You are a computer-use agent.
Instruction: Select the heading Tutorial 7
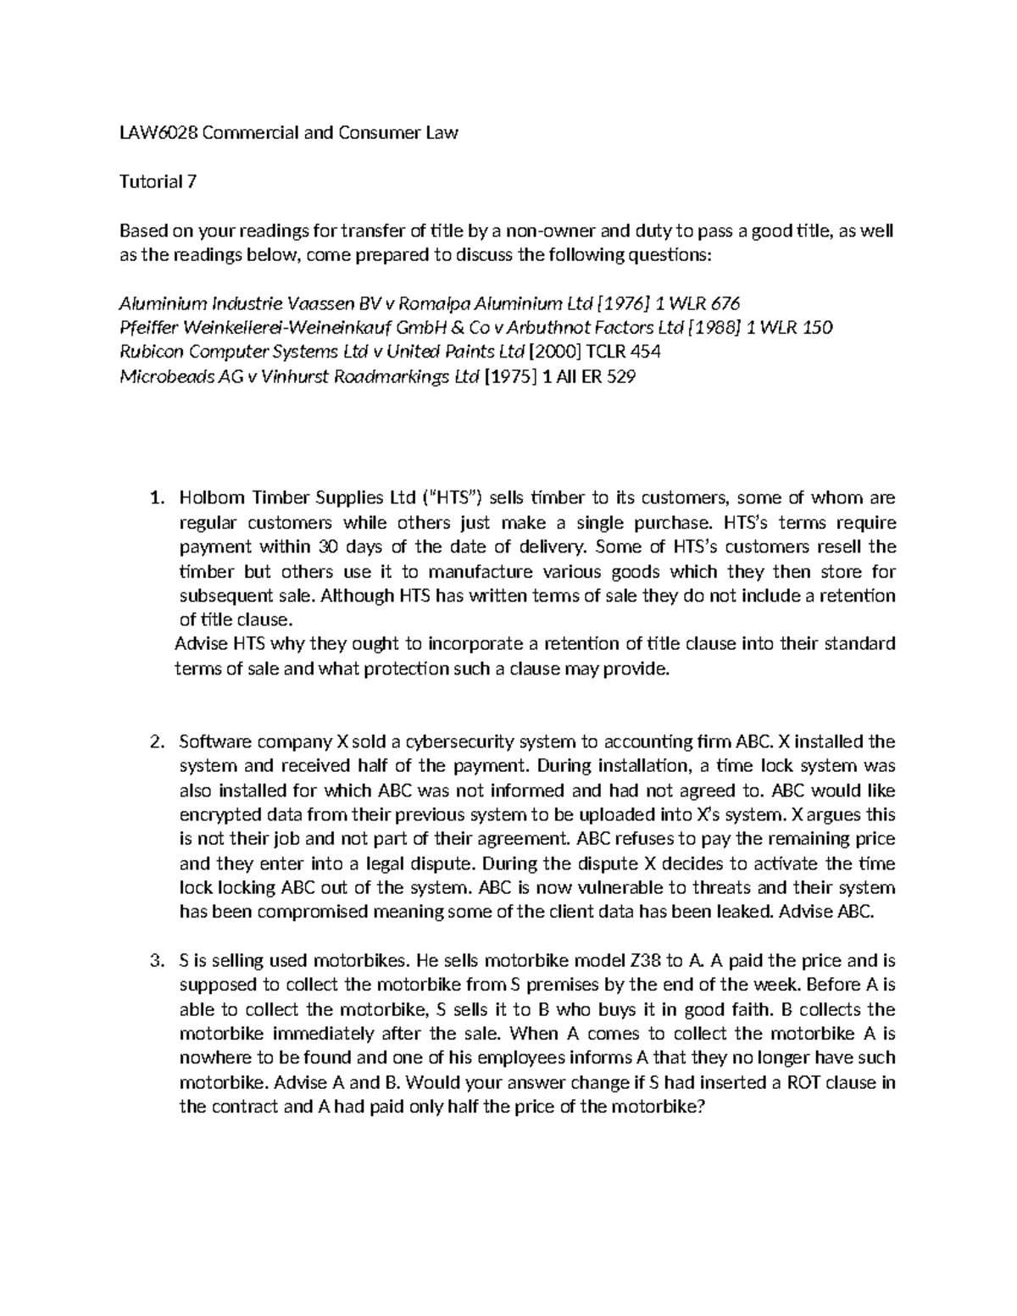pos(158,181)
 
